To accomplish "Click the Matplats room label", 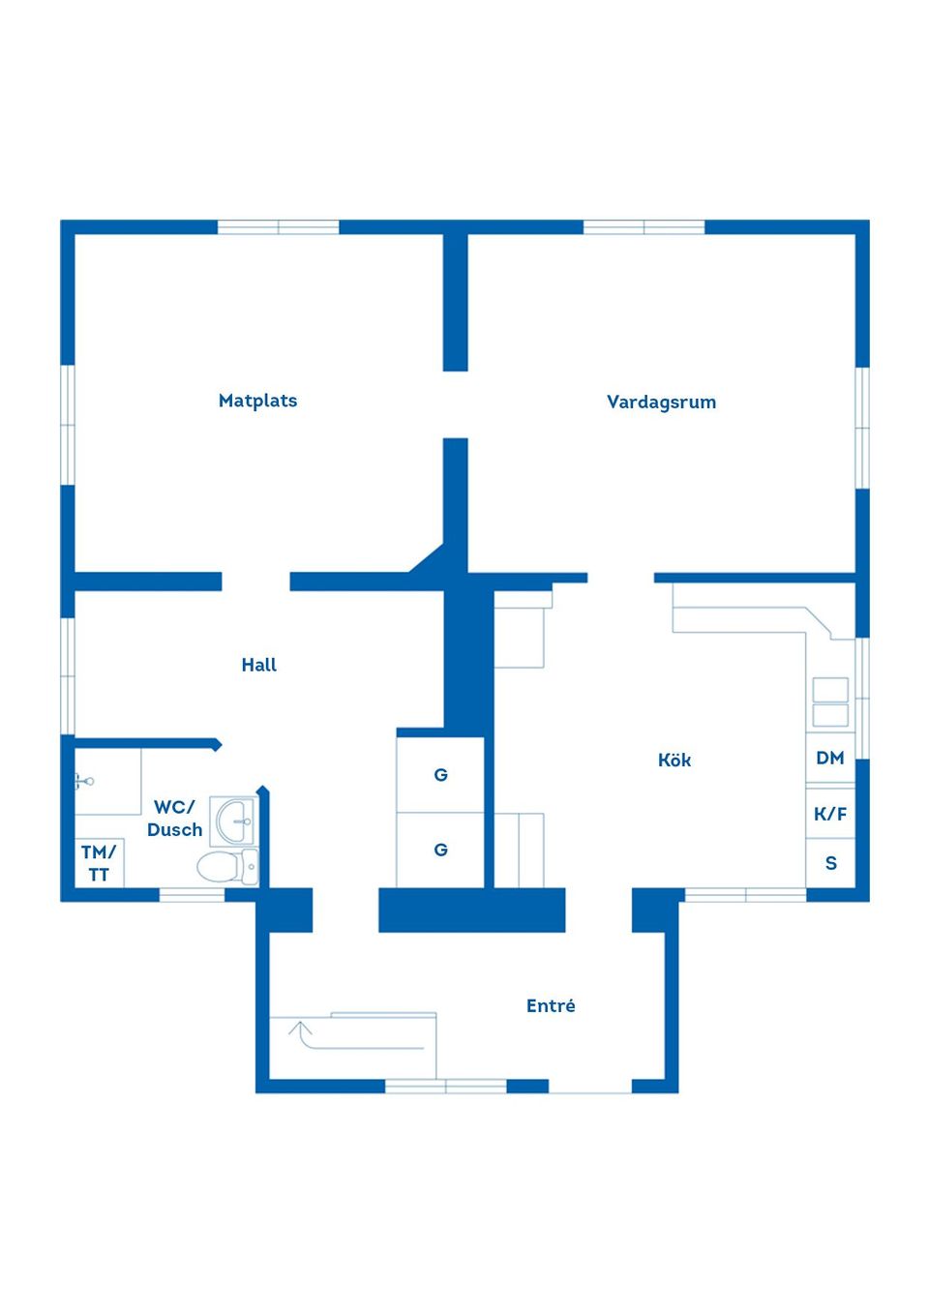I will [257, 401].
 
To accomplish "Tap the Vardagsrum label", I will [661, 402].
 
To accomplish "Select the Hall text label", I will [258, 665].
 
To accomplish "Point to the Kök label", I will [674, 761].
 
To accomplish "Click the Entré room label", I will [551, 1006].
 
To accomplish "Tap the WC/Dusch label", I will [175, 819].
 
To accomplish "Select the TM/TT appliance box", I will [98, 863].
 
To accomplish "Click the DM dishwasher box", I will [830, 759].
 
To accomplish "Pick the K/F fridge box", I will [830, 814].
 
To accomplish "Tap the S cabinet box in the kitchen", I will [830, 863].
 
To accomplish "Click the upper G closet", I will [440, 775].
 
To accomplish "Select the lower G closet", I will [440, 850].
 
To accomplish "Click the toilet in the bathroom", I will [226, 866].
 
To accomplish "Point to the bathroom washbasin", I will [234, 821].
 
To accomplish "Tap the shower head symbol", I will [86, 779].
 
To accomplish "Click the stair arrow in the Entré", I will [302, 1033].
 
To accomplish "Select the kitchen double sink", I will [830, 702].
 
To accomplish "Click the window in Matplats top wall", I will [278, 227].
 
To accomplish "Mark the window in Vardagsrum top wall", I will [644, 227].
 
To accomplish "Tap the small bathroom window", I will [192, 895].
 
